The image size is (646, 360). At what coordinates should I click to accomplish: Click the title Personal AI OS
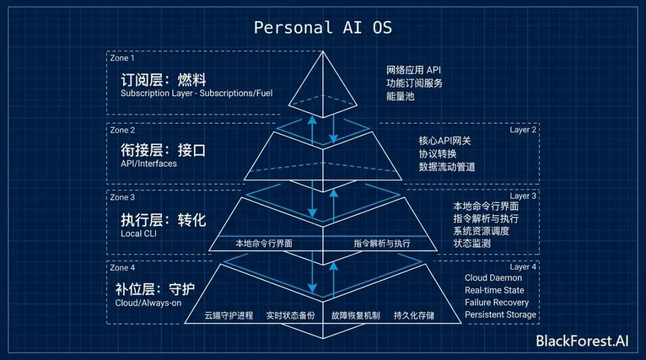(323, 28)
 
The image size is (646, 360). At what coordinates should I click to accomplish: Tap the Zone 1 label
(123, 58)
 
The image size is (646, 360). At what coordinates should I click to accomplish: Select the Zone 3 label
(123, 197)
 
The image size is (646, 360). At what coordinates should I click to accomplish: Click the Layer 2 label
(523, 130)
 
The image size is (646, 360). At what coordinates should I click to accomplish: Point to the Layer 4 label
(523, 267)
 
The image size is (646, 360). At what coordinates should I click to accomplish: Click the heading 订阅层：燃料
(163, 80)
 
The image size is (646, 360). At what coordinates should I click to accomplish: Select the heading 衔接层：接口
(163, 150)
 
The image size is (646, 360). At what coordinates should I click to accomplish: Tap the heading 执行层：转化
(163, 220)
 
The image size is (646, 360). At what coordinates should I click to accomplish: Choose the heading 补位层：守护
(155, 289)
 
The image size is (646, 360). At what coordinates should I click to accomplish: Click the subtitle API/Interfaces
(149, 163)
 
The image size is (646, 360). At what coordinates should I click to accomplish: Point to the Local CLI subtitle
(139, 233)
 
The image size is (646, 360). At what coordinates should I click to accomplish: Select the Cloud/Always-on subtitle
(148, 303)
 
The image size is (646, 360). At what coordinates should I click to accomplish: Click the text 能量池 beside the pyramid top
(400, 96)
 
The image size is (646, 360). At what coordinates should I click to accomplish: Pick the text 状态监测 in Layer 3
(472, 243)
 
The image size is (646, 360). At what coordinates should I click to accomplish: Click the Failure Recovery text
(496, 303)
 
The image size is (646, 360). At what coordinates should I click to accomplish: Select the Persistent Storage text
(500, 315)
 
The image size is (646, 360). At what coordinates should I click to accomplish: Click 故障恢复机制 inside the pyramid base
(355, 315)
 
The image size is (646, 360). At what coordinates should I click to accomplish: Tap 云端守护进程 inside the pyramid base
(229, 315)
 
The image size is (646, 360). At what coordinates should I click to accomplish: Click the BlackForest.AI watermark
(582, 341)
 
